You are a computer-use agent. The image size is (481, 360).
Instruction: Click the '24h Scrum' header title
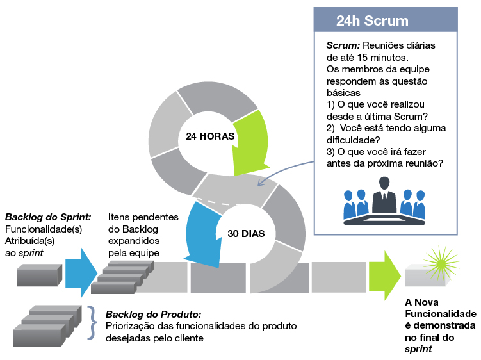(x=372, y=20)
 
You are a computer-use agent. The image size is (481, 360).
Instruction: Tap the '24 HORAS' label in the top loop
(x=209, y=136)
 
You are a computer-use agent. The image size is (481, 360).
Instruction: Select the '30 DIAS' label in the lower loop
(x=246, y=233)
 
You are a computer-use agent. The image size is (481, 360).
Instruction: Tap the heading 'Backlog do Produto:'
(x=153, y=315)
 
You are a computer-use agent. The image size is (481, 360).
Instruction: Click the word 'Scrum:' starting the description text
(x=343, y=45)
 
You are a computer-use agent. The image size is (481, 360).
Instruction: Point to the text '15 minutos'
(x=383, y=58)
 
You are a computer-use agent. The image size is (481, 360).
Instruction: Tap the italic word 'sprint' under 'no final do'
(x=417, y=349)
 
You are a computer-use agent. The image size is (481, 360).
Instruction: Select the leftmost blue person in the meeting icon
(x=350, y=204)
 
